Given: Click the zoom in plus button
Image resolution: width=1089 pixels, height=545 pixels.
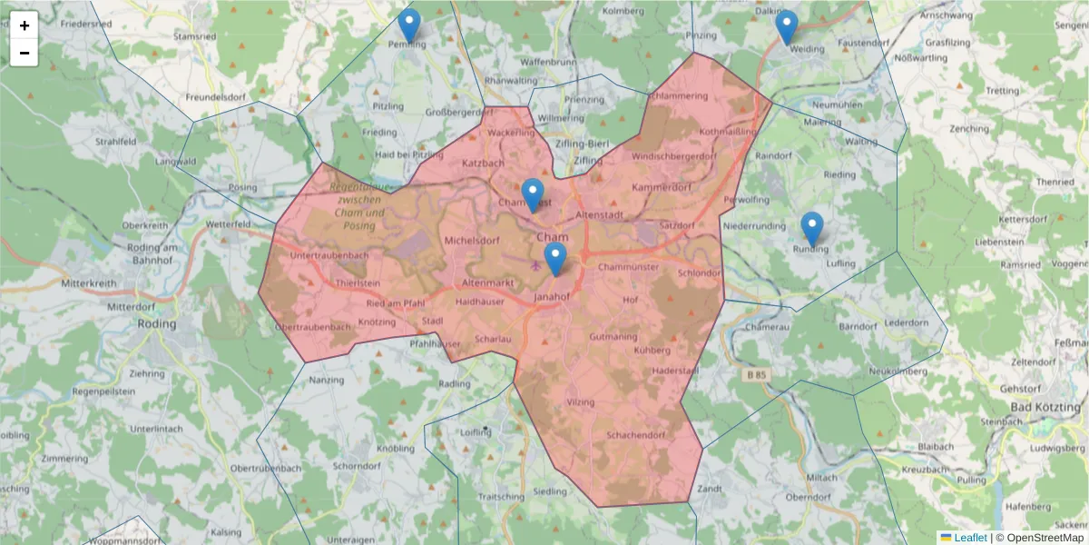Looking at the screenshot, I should click(x=25, y=25).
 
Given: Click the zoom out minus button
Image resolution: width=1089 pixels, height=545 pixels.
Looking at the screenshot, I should click(x=25, y=53).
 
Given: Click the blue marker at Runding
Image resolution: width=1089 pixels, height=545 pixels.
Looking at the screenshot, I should click(x=812, y=229).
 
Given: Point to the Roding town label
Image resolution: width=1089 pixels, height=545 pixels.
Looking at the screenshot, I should click(x=156, y=322).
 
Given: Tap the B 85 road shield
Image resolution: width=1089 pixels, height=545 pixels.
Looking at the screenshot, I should click(x=753, y=374).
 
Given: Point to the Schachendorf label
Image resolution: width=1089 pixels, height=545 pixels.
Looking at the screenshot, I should click(x=636, y=435).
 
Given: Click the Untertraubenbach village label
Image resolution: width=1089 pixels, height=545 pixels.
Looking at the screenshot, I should click(x=329, y=256).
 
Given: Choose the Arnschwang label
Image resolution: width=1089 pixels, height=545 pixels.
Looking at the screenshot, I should click(x=946, y=15).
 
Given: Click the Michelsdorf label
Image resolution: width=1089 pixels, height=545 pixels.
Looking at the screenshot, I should click(x=472, y=241).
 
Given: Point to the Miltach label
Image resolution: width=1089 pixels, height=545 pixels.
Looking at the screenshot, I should click(x=822, y=477).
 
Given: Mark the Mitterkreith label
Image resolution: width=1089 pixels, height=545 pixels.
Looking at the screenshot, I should click(x=88, y=283).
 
